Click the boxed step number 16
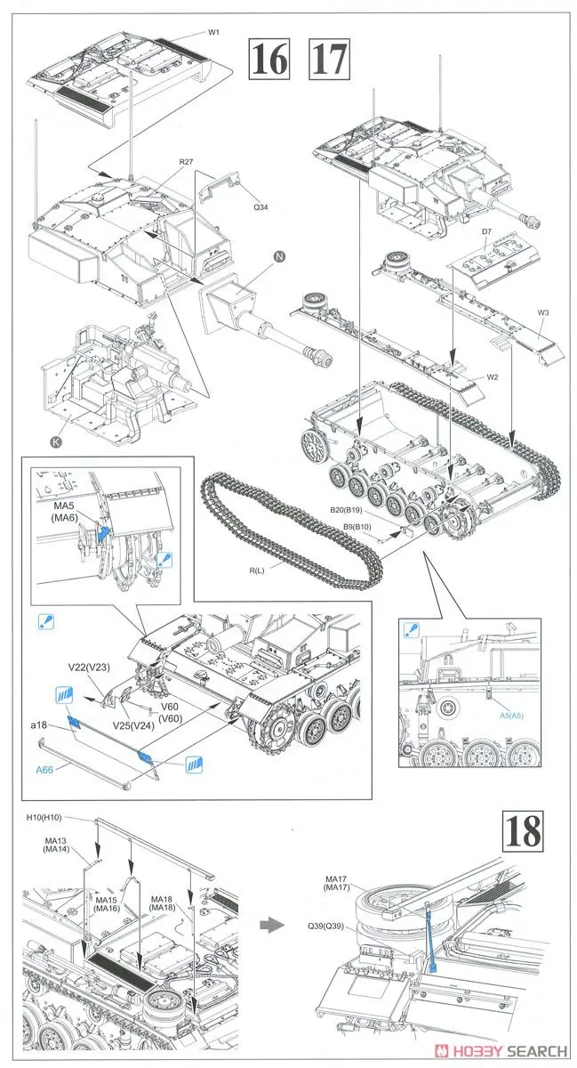[269, 60]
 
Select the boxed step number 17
[329, 60]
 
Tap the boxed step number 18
[522, 834]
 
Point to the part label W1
[214, 32]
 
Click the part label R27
[186, 162]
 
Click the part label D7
[487, 232]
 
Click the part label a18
[37, 726]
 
